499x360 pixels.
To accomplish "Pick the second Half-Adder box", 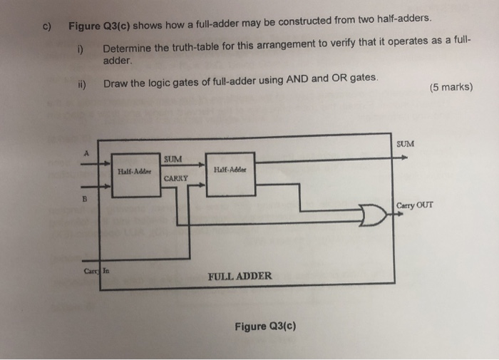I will coord(227,170).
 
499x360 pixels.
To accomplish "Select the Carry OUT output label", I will coord(413,205).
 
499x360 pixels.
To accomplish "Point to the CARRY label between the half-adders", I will coord(176,178).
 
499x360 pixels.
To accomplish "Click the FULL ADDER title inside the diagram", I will coord(240,275).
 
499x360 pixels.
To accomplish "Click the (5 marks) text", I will coord(451,88).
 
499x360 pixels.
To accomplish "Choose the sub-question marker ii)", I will coord(83,83).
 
